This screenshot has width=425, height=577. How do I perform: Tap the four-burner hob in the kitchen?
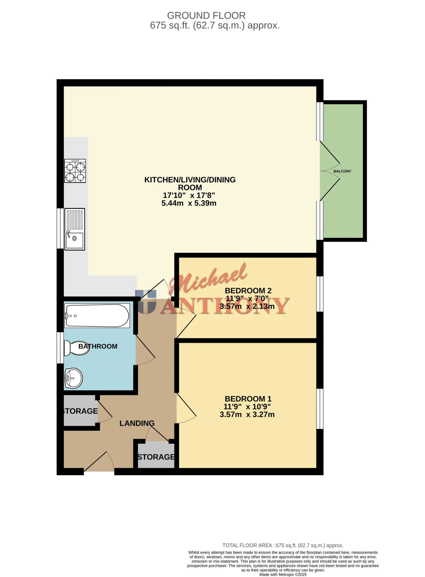click(x=75, y=171)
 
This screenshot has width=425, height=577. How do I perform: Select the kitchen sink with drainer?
click(x=75, y=229)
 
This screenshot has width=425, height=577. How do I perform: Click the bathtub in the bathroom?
click(x=97, y=316)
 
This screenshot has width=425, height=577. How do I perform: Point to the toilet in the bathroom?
click(x=76, y=348)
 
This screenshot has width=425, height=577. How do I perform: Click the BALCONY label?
click(x=342, y=171)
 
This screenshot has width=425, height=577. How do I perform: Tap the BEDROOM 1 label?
click(x=248, y=399)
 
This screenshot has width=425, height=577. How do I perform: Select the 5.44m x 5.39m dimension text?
click(x=189, y=203)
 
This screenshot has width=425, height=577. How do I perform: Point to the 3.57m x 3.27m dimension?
click(x=247, y=414)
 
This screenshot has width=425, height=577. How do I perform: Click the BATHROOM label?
click(x=98, y=346)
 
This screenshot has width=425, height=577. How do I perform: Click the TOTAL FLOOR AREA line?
click(x=283, y=545)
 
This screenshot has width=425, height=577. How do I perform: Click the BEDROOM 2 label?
click(x=248, y=291)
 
